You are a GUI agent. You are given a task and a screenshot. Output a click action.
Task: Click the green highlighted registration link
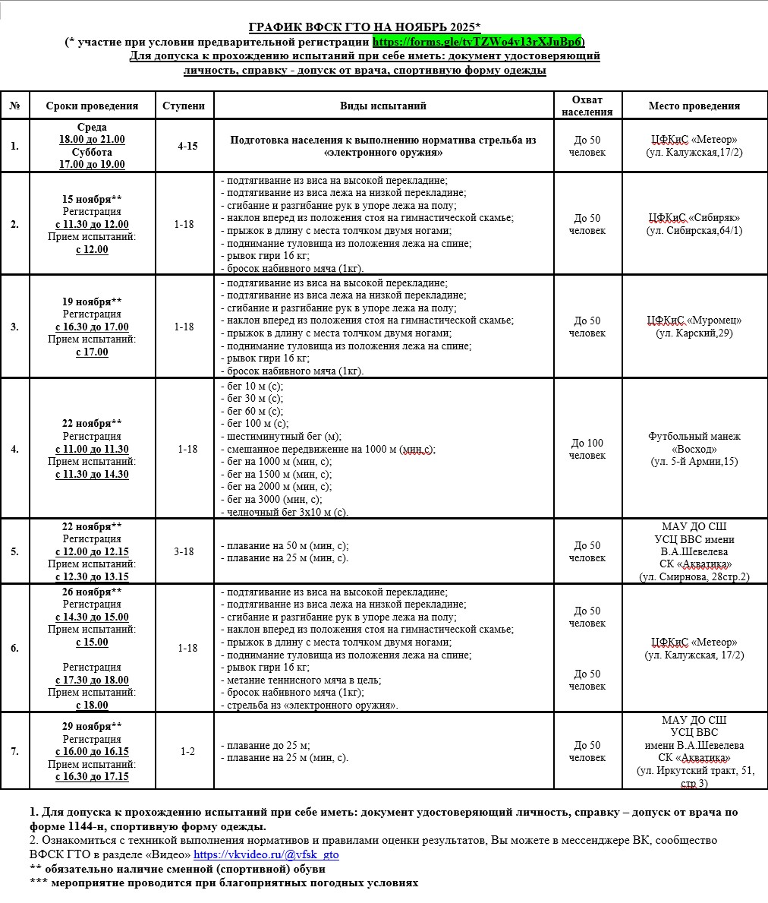477,42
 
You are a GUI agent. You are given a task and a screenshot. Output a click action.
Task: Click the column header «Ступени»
184,106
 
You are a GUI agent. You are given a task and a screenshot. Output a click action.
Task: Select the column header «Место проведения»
694,106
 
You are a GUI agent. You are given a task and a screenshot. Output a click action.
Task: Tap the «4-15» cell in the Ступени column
187,145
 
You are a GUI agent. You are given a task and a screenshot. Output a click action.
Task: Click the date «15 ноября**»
92,199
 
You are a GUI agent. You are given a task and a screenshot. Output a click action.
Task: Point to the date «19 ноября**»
92,302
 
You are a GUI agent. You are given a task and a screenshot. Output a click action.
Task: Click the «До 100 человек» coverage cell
587,449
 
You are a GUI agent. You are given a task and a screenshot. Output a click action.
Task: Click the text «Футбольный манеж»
694,436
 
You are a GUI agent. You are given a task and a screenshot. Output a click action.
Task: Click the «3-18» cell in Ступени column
184,551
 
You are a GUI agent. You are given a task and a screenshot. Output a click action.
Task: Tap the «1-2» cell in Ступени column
187,751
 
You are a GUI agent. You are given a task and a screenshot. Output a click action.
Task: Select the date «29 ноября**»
92,726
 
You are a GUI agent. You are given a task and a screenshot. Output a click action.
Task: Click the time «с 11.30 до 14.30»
92,474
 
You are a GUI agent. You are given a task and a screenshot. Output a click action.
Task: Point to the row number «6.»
14,648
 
